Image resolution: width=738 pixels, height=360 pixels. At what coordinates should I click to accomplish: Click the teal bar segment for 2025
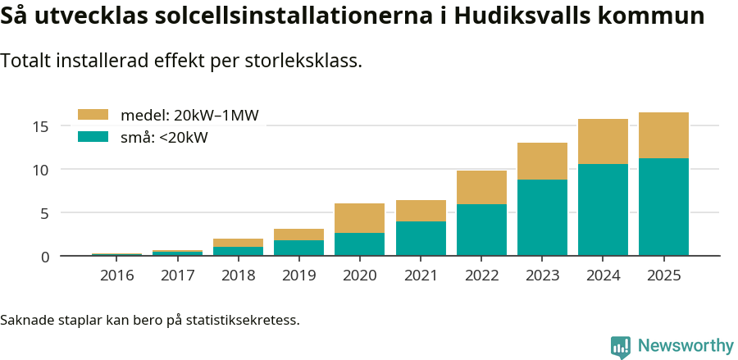click(x=663, y=207)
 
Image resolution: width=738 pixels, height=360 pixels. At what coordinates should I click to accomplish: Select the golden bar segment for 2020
click(x=359, y=218)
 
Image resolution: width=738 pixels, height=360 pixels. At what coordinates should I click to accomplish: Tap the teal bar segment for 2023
click(x=542, y=217)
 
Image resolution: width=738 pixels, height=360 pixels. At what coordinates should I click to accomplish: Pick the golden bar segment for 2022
click(x=481, y=187)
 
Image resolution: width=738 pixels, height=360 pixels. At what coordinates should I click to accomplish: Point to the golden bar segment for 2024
click(x=603, y=141)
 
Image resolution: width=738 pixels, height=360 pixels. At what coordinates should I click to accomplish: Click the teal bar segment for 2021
click(x=421, y=239)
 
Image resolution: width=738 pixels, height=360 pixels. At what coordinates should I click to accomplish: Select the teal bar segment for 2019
click(x=298, y=248)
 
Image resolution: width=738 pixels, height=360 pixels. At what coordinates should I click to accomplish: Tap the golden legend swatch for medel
click(x=93, y=115)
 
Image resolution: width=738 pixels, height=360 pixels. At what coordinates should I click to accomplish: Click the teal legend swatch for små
click(x=93, y=137)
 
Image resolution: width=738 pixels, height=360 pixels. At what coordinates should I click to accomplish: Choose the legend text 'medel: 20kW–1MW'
click(x=189, y=116)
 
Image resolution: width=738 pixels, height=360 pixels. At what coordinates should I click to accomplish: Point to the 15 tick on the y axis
click(x=42, y=126)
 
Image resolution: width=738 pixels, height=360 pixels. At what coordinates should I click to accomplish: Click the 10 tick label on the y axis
click(x=42, y=170)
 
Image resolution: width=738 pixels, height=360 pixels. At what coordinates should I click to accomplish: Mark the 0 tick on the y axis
click(x=45, y=257)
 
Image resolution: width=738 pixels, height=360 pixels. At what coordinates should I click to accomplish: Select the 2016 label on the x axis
click(x=116, y=276)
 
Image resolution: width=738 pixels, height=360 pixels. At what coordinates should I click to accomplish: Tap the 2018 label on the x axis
click(x=238, y=276)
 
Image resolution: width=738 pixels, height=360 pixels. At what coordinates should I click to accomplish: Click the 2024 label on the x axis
click(x=603, y=276)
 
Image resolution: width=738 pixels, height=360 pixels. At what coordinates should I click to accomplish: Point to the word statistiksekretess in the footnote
click(x=243, y=319)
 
